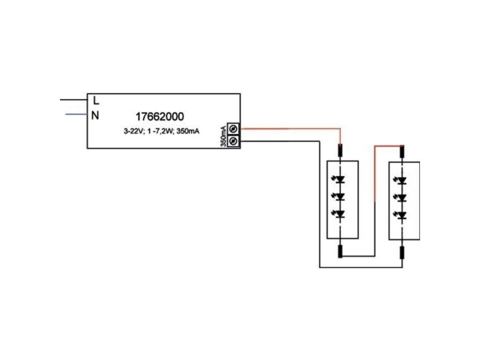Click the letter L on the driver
[x=96, y=100]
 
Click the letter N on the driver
[x=95, y=115]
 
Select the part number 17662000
[x=160, y=116]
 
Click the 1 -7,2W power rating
[x=161, y=131]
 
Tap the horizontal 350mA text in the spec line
[x=188, y=131]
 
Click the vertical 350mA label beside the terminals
[x=223, y=136]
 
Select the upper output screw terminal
[x=233, y=128]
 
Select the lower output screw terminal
[x=233, y=141]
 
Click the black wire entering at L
[x=73, y=100]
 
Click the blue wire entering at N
[x=77, y=115]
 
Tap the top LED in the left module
[x=339, y=179]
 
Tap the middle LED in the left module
[x=339, y=197]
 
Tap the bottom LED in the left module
[x=339, y=214]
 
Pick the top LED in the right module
[x=400, y=181]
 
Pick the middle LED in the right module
[x=400, y=197]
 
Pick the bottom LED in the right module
[x=400, y=215]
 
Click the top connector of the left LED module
[x=340, y=151]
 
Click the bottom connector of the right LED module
[x=401, y=252]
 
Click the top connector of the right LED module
[x=402, y=151]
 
